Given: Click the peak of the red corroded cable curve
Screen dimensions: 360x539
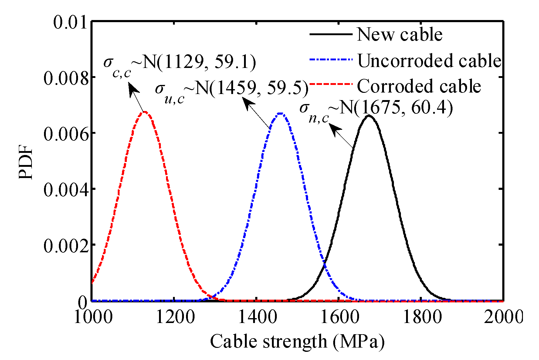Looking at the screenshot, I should [145, 112].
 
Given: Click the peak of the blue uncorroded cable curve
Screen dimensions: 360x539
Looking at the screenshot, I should [280, 114].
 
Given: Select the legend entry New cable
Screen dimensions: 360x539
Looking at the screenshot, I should [399, 34].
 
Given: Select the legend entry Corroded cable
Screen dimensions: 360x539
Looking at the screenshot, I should [419, 86].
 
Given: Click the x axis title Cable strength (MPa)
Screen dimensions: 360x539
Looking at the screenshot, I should [297, 341].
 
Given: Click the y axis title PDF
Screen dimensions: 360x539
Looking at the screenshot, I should [25, 162].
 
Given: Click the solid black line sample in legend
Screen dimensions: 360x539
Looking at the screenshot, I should [331, 34].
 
